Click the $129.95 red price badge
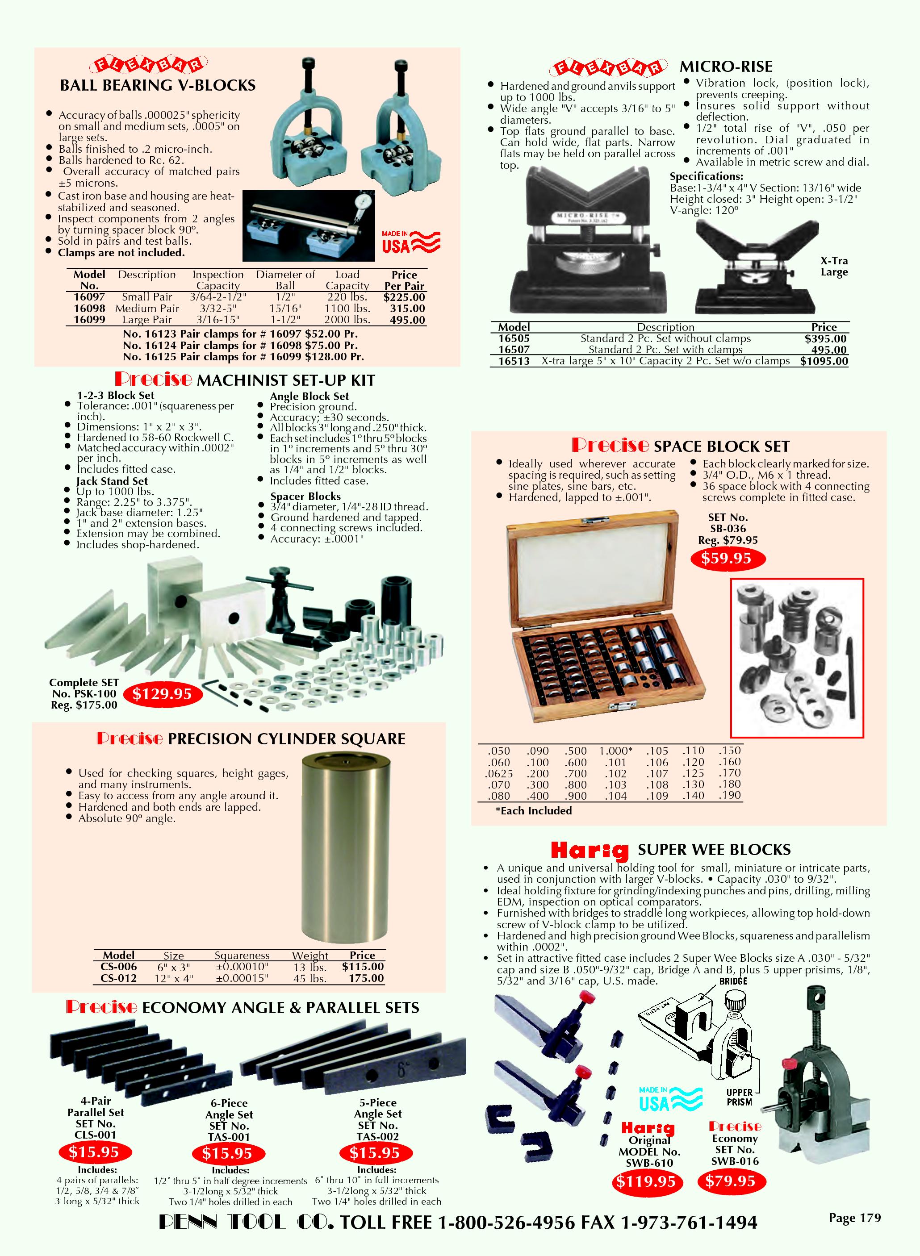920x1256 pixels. coord(162,694)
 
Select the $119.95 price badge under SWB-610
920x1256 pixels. coord(645,1181)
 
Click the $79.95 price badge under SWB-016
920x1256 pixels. coord(730,1181)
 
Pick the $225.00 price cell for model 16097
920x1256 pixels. coord(404,297)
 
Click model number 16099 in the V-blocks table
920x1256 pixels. coord(89,320)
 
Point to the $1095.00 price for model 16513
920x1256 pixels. coord(824,361)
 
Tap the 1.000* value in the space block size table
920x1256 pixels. coord(615,751)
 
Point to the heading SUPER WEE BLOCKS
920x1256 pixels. coord(714,850)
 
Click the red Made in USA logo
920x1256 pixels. coord(411,242)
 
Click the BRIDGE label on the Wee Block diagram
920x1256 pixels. coord(733,981)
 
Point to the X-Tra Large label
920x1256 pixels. coord(834,266)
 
